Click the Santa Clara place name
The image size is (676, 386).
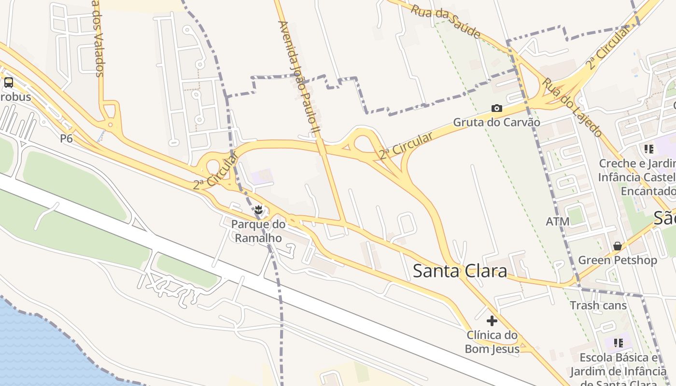click(460, 271)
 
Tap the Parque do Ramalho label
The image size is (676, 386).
click(258, 231)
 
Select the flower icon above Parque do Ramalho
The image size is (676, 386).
click(258, 210)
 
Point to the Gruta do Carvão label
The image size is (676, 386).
click(496, 122)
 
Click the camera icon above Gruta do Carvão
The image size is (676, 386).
click(496, 108)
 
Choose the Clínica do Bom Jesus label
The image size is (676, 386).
click(492, 342)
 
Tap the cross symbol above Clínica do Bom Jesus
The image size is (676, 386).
click(492, 321)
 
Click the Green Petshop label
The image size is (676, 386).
click(618, 260)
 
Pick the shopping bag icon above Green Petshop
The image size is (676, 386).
click(617, 246)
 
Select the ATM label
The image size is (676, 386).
click(558, 221)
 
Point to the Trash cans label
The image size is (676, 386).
click(598, 305)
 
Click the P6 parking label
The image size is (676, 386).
click(66, 139)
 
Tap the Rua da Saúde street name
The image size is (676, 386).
click(446, 22)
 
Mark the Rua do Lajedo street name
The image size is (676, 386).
click(572, 107)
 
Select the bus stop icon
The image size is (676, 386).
click(9, 82)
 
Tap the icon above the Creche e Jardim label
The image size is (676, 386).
click(648, 149)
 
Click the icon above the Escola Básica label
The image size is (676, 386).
click(618, 343)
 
